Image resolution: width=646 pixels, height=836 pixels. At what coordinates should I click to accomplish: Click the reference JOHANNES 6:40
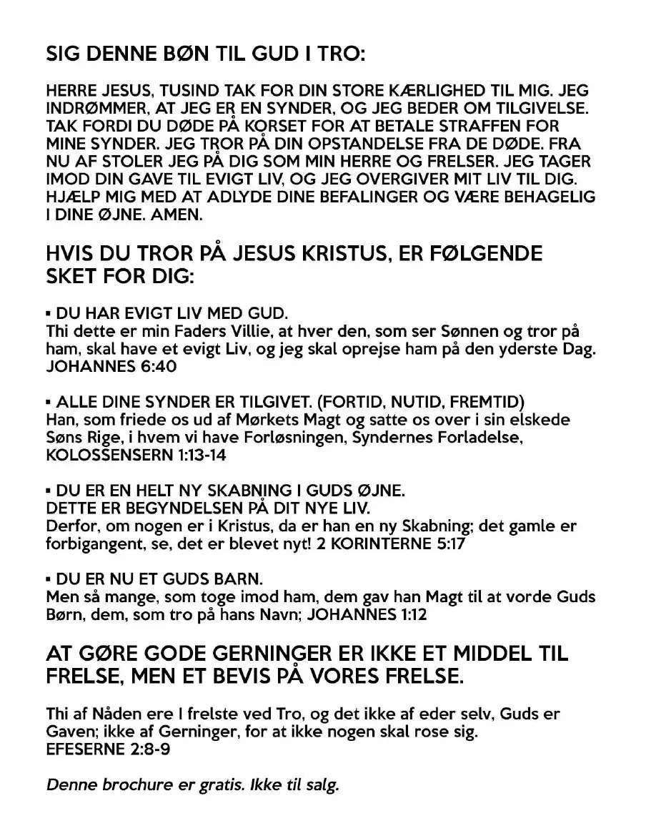click(x=111, y=367)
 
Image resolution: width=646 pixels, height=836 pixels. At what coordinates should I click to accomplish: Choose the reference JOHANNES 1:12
click(x=371, y=614)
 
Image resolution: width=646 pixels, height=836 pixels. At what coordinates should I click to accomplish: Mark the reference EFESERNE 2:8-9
click(x=108, y=748)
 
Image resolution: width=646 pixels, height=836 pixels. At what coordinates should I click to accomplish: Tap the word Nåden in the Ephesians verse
click(x=115, y=713)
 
